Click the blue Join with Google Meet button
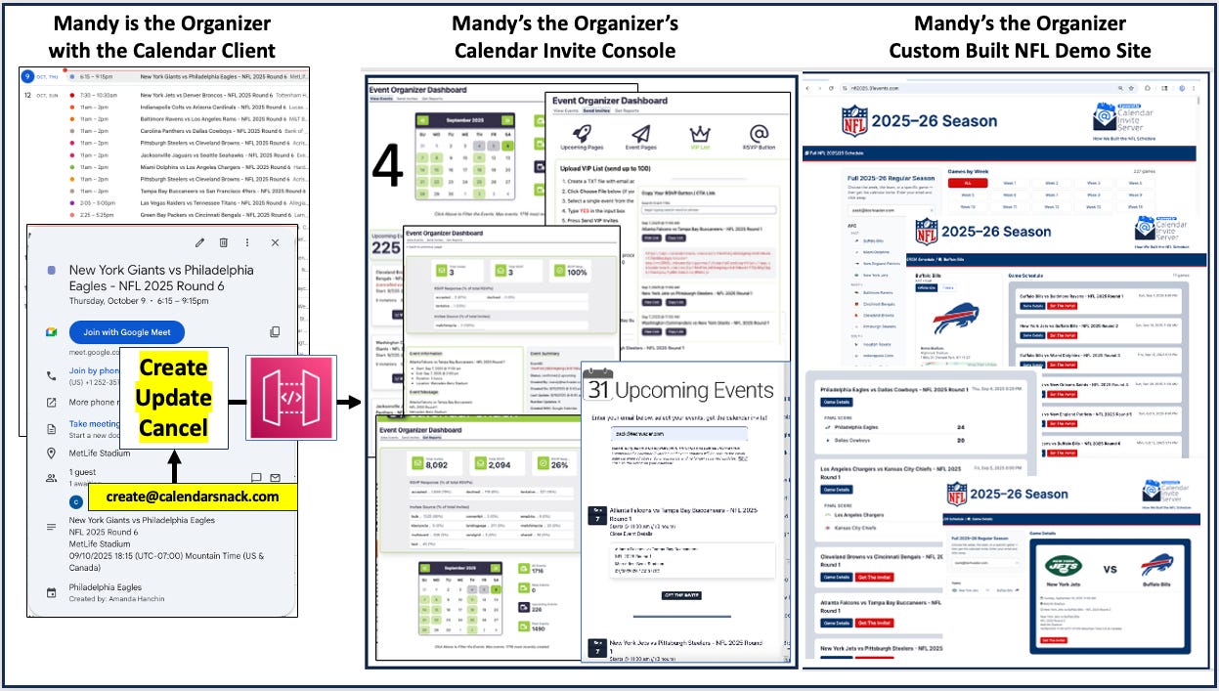click(127, 332)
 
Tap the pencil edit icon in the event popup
click(200, 242)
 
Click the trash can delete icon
click(224, 242)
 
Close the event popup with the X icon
click(275, 242)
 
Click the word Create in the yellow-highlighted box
click(173, 368)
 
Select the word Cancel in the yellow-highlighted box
click(173, 428)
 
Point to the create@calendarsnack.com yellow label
click(193, 497)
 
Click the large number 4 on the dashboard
click(388, 167)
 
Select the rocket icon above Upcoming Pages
click(580, 134)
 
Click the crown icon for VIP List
click(698, 134)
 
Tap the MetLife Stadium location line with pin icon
click(101, 453)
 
